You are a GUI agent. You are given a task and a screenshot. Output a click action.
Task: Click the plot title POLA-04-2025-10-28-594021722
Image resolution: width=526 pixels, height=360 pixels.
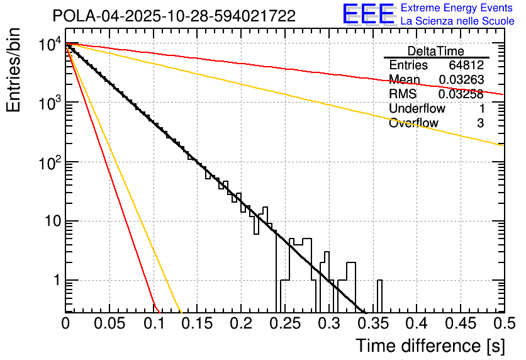click(x=174, y=16)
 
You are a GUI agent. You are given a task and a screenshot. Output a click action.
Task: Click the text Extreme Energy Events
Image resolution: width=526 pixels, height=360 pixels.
click(x=457, y=8)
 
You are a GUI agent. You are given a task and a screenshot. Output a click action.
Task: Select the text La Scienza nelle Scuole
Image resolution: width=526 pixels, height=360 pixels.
click(x=457, y=21)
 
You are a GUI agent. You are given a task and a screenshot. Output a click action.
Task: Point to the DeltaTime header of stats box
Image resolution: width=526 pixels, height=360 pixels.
click(x=435, y=51)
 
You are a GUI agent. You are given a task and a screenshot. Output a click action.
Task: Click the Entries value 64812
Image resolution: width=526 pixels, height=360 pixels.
click(x=466, y=65)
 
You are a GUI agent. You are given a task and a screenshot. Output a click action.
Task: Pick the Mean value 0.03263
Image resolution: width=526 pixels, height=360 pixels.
click(x=461, y=80)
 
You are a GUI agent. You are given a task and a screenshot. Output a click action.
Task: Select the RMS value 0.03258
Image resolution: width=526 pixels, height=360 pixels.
click(x=461, y=94)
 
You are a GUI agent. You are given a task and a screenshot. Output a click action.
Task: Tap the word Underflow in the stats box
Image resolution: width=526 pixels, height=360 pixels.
click(x=417, y=109)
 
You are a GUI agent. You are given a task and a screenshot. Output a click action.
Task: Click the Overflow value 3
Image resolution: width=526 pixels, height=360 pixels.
click(x=480, y=123)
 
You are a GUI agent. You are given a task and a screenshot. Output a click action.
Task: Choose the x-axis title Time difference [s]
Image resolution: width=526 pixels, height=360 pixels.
click(x=430, y=346)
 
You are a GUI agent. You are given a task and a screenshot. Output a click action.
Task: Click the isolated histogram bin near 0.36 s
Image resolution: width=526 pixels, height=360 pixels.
click(x=379, y=296)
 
